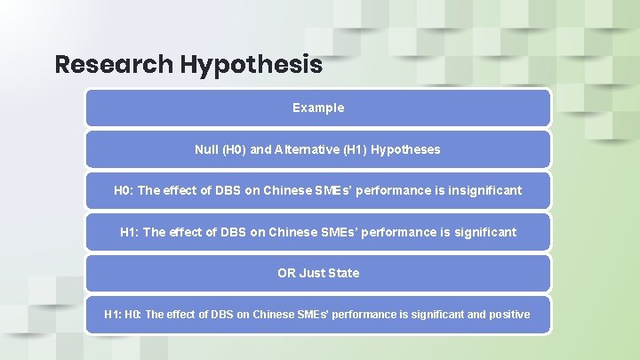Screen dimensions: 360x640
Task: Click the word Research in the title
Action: point(114,65)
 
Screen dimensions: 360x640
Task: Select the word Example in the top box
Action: point(318,108)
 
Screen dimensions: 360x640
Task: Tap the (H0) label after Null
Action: point(234,149)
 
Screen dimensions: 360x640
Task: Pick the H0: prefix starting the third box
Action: point(124,190)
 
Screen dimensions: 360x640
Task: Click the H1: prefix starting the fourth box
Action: point(130,232)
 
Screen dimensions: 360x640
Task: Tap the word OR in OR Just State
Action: point(286,273)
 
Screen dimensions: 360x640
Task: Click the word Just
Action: point(312,273)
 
